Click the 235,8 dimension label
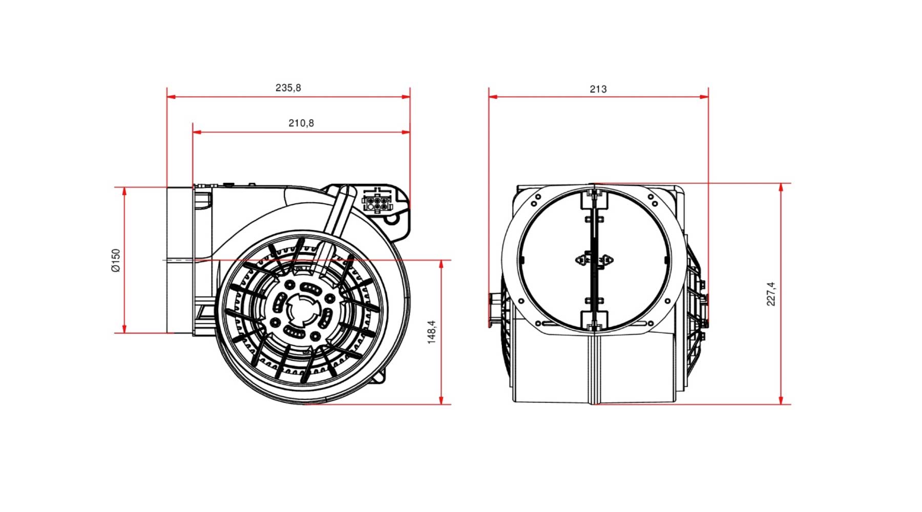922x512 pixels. pyautogui.click(x=288, y=88)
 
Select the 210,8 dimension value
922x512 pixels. pyautogui.click(x=301, y=123)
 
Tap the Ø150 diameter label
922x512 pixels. pyautogui.click(x=116, y=260)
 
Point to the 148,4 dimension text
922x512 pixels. pyautogui.click(x=432, y=332)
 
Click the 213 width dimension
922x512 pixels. pyautogui.click(x=598, y=89)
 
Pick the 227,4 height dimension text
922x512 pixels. pyautogui.click(x=771, y=294)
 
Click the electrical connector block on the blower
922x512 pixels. pyautogui.click(x=378, y=201)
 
